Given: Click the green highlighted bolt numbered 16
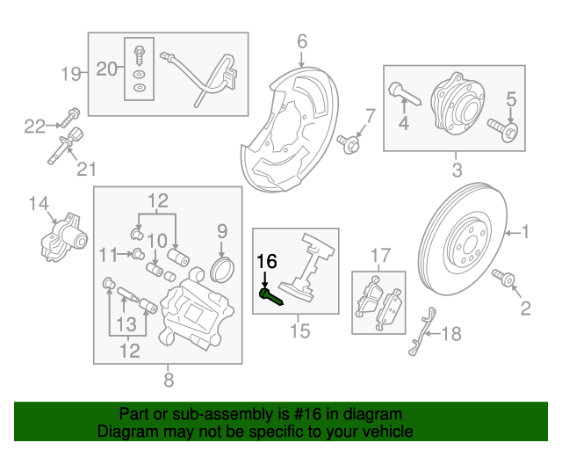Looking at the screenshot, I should coord(271,296).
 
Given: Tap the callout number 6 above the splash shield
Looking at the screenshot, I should coord(301,40).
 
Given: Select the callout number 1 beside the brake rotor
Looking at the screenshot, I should coord(525,233).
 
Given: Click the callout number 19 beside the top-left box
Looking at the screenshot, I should coord(70,73).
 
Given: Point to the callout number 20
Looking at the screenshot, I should coord(105,69).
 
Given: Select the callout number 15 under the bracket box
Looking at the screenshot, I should coord(300,331).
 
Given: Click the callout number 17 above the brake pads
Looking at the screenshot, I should coord(379,255).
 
